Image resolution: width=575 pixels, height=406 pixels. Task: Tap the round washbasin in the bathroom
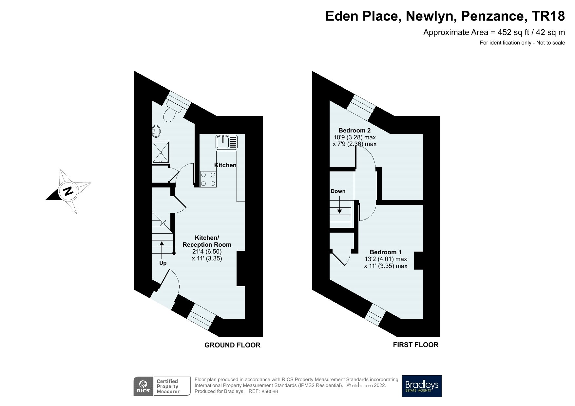coord(156,132)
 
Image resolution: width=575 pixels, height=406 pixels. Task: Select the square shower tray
coord(161,152)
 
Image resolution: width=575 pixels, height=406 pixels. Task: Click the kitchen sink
coord(226,142)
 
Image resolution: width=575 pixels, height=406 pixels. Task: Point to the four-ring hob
coord(208,180)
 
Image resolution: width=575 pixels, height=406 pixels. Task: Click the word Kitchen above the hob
coord(225,165)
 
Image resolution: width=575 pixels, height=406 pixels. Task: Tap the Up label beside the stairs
coord(163,263)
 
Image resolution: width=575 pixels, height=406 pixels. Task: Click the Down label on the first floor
coord(338,191)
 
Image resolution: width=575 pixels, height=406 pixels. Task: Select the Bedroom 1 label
coord(386,252)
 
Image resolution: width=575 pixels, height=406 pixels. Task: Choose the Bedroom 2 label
coord(355,130)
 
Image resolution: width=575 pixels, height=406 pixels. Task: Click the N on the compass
coord(68,191)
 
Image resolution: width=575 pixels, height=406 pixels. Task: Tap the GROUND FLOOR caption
coord(232,345)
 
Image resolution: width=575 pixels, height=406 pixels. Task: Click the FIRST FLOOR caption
coord(415,345)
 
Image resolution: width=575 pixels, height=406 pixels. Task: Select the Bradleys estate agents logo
coord(422,386)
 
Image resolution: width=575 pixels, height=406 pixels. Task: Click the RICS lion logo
coord(143,386)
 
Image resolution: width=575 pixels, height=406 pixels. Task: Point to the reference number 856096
coord(270,392)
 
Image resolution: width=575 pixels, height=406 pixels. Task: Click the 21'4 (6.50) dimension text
coord(207,252)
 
